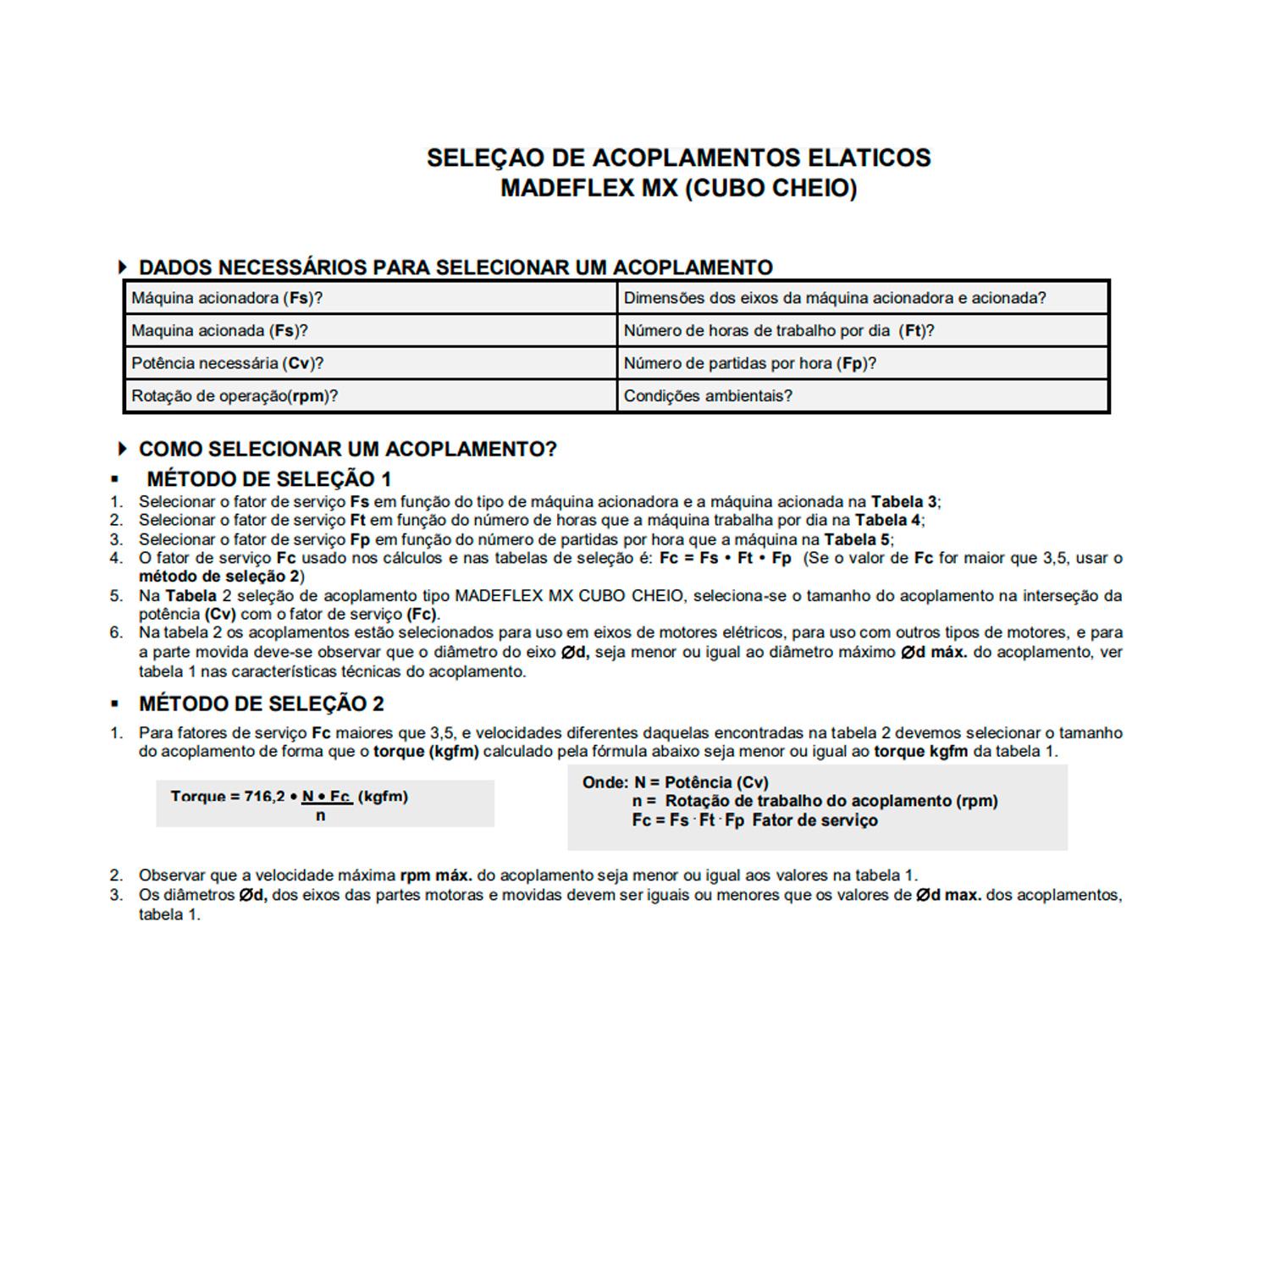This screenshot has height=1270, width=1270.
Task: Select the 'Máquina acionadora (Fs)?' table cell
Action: click(x=370, y=298)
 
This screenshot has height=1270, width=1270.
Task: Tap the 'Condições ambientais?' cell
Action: click(x=863, y=396)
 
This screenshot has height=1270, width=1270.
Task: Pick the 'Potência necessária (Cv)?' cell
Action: click(x=370, y=363)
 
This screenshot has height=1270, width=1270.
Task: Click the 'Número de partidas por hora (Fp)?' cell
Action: click(x=863, y=363)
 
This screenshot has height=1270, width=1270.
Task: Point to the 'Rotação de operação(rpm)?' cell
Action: click(x=370, y=396)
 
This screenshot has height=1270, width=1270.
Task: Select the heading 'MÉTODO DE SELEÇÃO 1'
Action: click(x=268, y=479)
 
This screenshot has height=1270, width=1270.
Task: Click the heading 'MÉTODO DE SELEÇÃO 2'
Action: click(x=261, y=704)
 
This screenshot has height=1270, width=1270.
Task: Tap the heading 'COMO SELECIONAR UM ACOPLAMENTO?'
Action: click(x=347, y=450)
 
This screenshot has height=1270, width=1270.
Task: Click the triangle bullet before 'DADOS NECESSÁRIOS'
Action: click(x=124, y=268)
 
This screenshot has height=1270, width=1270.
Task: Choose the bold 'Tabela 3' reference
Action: click(x=904, y=502)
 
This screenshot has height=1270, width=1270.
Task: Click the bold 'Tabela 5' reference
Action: click(x=857, y=540)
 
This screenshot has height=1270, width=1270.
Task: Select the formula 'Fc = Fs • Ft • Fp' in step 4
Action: click(x=725, y=559)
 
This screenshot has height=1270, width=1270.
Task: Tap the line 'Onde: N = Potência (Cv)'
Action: click(x=675, y=782)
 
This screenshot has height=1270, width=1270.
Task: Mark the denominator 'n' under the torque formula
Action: click(x=320, y=816)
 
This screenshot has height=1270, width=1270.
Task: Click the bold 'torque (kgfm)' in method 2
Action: click(x=426, y=752)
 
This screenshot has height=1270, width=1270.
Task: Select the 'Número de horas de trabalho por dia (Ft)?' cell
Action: click(x=863, y=331)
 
